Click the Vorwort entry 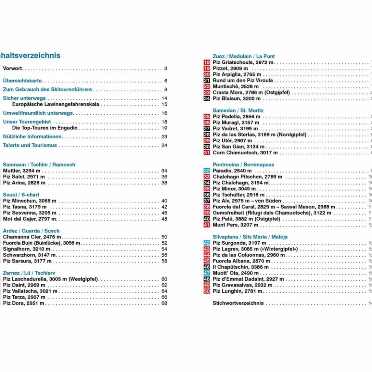tap(12, 69)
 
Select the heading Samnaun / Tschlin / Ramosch tap(39, 165)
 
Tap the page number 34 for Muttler tap(164, 171)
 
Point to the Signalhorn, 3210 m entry tap(26, 249)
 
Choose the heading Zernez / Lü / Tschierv tap(29, 273)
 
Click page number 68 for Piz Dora tap(164, 303)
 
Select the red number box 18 tap(206, 63)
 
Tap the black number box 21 tap(206, 81)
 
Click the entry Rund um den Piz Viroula tap(242, 81)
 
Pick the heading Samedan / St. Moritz tap(238, 111)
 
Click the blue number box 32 tap(206, 171)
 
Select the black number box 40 tap(206, 219)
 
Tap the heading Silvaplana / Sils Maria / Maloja tap(250, 237)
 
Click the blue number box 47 tap(206, 273)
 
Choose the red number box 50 tap(206, 291)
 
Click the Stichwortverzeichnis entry tap(238, 303)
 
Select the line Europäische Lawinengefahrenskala tap(56, 105)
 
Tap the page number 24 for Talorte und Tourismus tap(164, 145)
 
